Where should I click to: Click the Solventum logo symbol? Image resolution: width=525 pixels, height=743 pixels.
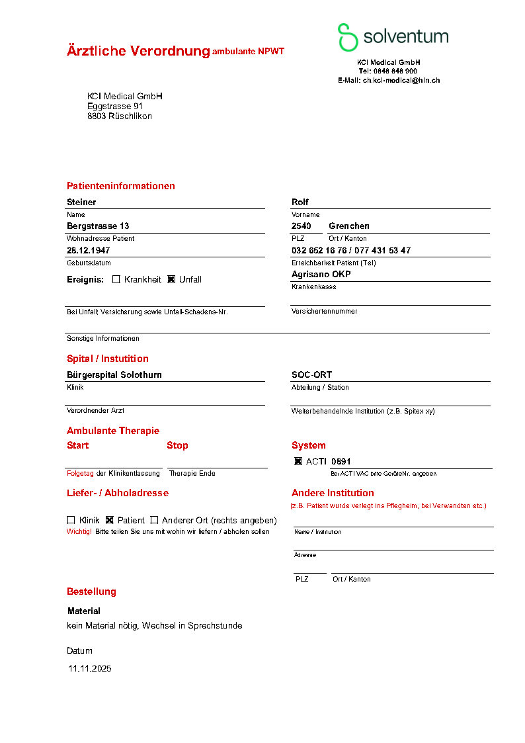[347, 37]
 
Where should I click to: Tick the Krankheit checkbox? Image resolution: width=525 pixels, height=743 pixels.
[116, 279]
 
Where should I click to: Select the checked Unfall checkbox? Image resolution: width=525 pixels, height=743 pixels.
[171, 279]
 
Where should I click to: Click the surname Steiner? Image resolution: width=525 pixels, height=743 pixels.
[81, 202]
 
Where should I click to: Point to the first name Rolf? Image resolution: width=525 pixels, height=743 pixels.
[300, 202]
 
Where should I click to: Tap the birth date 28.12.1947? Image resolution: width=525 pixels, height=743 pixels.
[89, 251]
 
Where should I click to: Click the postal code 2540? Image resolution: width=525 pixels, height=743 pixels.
[302, 226]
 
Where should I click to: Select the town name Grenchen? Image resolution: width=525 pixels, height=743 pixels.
[349, 226]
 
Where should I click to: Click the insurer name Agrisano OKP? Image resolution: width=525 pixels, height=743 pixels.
[321, 275]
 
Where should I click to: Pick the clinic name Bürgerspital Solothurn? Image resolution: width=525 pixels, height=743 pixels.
[114, 375]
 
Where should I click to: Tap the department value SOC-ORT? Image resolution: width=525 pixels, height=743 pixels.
[311, 375]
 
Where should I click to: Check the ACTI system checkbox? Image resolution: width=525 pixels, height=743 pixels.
[298, 461]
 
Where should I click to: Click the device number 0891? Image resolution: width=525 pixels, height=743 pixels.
[341, 461]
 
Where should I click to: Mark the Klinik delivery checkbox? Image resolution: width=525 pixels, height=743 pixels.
[71, 520]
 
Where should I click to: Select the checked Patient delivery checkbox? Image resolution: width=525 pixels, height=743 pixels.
[110, 520]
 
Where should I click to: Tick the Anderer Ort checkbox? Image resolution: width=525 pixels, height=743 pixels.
[155, 520]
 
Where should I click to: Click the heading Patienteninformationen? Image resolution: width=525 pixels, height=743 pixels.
[121, 186]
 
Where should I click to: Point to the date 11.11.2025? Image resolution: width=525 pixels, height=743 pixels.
[90, 669]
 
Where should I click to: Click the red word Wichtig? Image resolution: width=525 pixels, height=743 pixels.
[79, 531]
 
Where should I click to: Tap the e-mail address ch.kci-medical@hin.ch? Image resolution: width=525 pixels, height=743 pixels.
[401, 80]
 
